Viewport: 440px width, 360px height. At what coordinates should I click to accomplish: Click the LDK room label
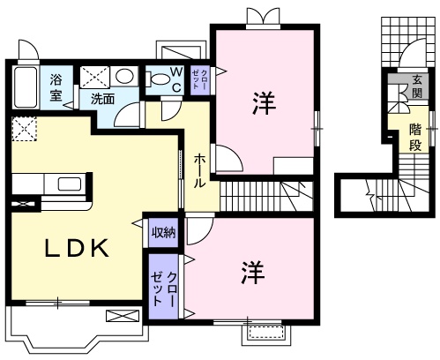click(x=77, y=248)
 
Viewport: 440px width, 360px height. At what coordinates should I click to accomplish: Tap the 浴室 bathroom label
click(x=56, y=87)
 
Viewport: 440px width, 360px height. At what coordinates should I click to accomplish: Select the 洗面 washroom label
click(x=102, y=99)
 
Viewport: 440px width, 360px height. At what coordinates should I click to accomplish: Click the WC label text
click(x=176, y=79)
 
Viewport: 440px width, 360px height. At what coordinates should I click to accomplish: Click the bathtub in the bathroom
click(x=26, y=87)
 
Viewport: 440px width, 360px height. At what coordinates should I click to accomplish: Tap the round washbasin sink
click(x=124, y=76)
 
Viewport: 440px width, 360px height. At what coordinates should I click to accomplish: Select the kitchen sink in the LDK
click(x=70, y=184)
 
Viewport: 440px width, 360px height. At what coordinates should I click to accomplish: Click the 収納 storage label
click(x=163, y=233)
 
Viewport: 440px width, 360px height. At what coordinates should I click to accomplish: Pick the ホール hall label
click(x=199, y=171)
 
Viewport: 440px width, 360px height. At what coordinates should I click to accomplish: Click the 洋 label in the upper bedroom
click(x=265, y=103)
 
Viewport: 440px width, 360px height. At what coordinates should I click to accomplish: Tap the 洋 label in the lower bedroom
click(x=253, y=273)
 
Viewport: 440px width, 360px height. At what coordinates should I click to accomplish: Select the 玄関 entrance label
click(x=416, y=86)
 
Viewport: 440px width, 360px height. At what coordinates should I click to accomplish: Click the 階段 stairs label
click(x=415, y=137)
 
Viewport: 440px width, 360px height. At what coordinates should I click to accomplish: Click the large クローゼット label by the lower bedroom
click(x=164, y=289)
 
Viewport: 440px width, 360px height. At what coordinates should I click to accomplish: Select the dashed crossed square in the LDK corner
click(x=25, y=129)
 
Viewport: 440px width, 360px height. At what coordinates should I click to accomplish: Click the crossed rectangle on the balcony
click(x=123, y=316)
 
